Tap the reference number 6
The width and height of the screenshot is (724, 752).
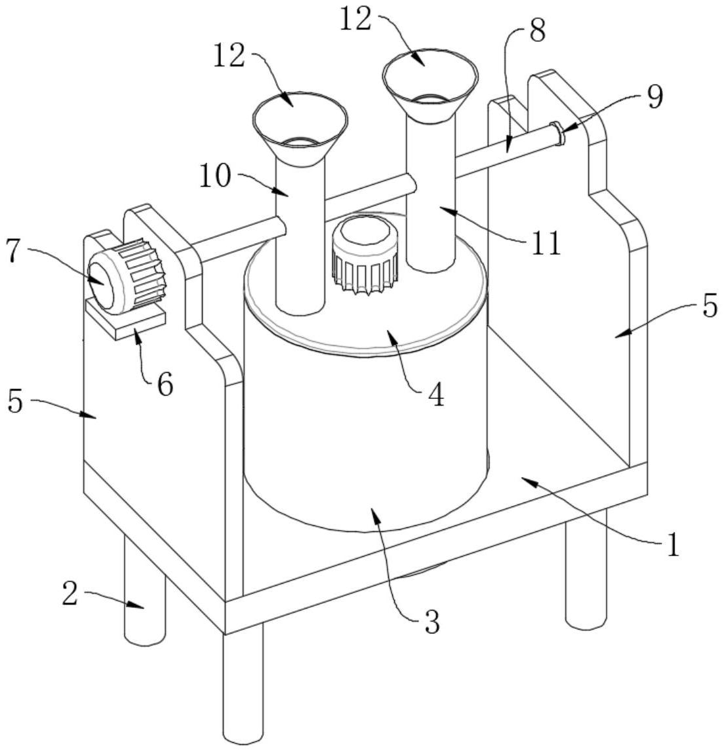(x=165, y=385)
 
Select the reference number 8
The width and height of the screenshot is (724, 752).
(x=536, y=31)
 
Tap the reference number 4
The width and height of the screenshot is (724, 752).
(x=436, y=396)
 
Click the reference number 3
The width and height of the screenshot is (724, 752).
(x=432, y=622)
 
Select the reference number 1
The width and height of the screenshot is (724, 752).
(x=674, y=545)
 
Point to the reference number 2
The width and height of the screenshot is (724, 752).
(x=70, y=594)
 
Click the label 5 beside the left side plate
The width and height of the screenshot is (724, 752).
(x=15, y=402)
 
